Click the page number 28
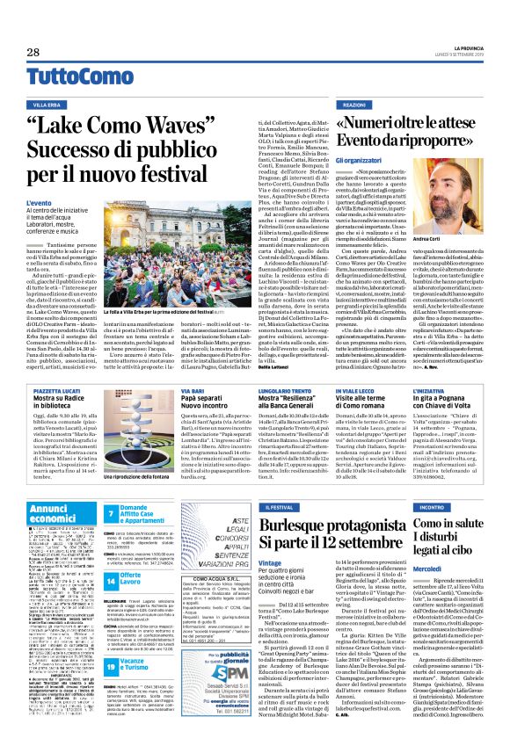[33, 53]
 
